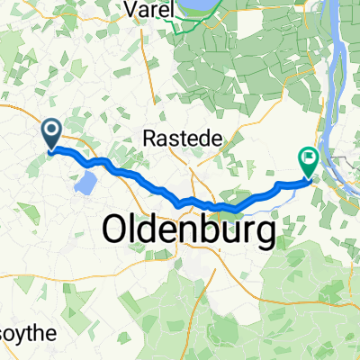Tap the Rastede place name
click(x=172, y=137)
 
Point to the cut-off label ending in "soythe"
click(x=28, y=334)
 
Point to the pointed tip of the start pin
click(x=51, y=150)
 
